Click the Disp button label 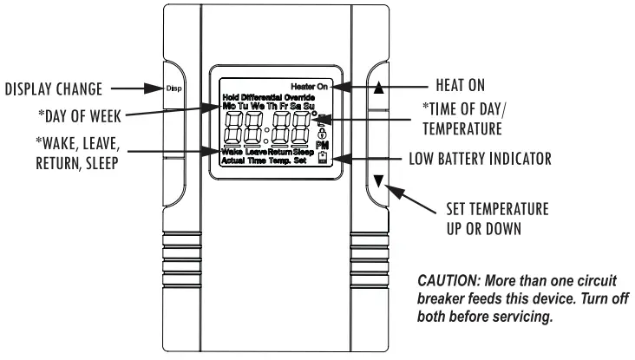tap(171, 88)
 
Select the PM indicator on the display tap(324, 147)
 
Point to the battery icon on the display tap(324, 159)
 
